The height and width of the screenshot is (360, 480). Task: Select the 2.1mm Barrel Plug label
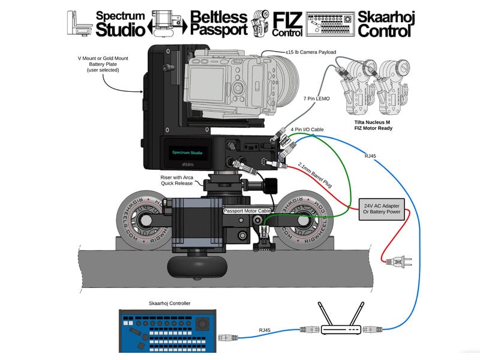click(x=316, y=175)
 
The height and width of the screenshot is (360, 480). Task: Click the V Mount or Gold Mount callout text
click(x=98, y=64)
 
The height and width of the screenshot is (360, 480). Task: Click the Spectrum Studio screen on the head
click(x=188, y=152)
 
